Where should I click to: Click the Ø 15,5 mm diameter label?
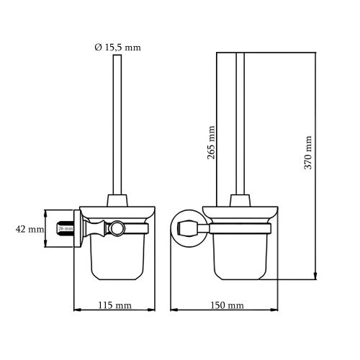coord(117,48)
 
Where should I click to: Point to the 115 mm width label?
coord(114,305)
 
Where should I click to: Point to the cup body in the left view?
coord(114,256)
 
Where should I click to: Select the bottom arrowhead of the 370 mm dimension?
coord(315,276)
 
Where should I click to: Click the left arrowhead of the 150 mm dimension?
coord(173,311)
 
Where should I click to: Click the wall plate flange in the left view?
coord(75,229)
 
